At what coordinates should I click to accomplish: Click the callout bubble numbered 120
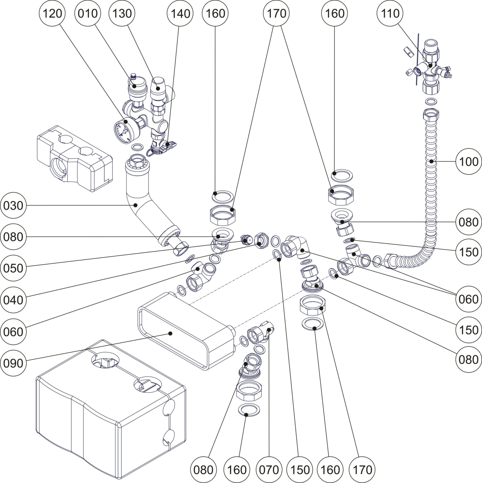(52, 13)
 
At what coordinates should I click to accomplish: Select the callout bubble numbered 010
(87, 13)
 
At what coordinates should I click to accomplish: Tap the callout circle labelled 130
(122, 13)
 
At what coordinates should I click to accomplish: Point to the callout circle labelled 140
(180, 13)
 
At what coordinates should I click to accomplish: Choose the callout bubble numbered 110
(390, 13)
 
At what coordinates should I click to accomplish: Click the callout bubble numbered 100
(469, 161)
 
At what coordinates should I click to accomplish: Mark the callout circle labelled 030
(13, 205)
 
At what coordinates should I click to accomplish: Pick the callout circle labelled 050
(13, 268)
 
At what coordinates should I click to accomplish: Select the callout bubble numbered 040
(13, 300)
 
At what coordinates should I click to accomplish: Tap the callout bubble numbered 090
(13, 363)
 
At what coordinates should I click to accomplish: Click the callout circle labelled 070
(269, 470)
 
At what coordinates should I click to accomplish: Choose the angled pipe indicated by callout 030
(145, 209)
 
